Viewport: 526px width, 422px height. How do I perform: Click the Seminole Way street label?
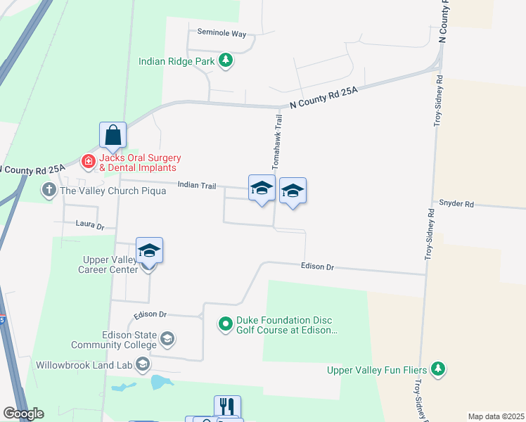pos(222,33)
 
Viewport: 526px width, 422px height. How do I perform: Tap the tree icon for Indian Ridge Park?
pos(226,61)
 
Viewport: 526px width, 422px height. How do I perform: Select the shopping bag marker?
pos(113,135)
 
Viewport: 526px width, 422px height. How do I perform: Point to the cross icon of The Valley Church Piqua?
pos(49,191)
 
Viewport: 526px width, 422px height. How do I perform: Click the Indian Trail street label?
pos(197,185)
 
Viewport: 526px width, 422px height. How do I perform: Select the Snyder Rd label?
pos(456,204)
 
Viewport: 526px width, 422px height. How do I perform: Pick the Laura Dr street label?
pos(89,226)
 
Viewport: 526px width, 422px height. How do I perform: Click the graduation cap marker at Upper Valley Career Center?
pos(149,250)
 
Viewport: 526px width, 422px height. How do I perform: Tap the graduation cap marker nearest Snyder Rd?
pos(293,191)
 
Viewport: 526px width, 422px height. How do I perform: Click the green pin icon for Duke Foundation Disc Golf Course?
pos(226,324)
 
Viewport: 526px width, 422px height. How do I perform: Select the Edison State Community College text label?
pos(113,340)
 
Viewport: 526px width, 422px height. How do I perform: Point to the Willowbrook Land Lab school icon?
pos(143,364)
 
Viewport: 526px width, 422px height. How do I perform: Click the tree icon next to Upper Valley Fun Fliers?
pos(438,369)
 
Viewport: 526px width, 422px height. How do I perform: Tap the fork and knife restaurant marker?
pos(227,407)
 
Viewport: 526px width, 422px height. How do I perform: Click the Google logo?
pos(23,414)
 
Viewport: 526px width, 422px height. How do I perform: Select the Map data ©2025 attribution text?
pos(496,416)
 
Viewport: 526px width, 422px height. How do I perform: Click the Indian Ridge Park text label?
pos(177,61)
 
